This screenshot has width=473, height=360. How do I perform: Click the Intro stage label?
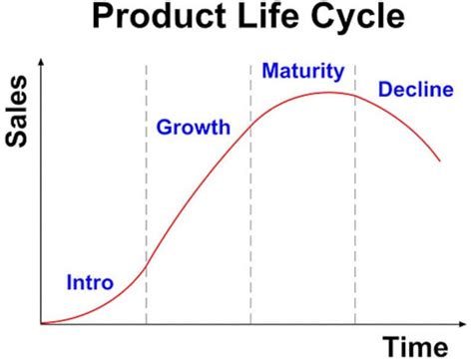(90, 281)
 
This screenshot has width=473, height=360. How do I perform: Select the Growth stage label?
(193, 127)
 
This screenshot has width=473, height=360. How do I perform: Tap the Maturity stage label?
(302, 71)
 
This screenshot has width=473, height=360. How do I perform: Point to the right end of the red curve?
(440, 160)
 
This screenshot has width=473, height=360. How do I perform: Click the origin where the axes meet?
(41, 324)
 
